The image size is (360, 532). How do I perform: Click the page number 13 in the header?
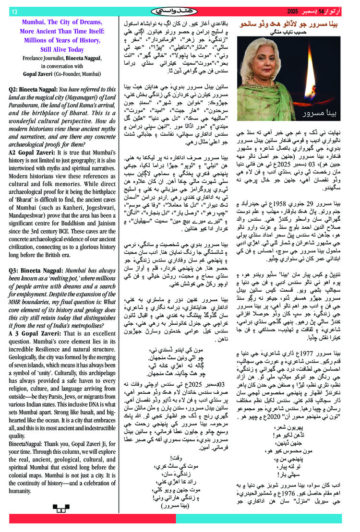pos(13,11)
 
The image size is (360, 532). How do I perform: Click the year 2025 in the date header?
pos(296,11)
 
